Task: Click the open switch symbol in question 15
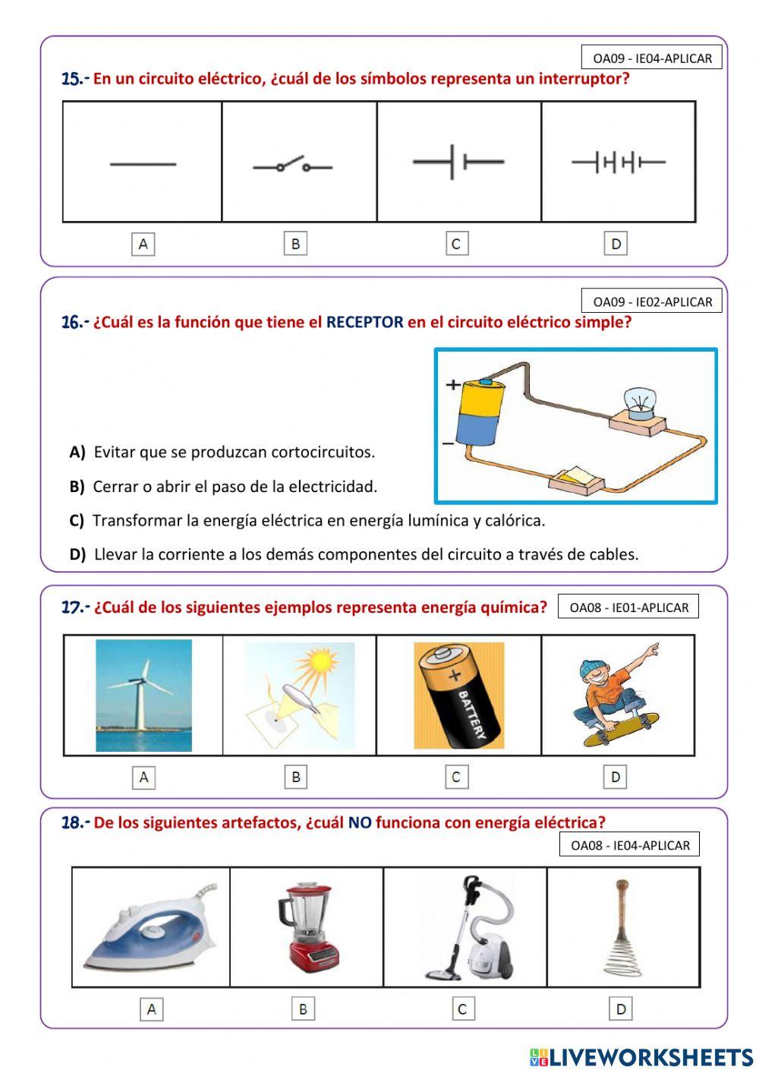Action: [293, 165]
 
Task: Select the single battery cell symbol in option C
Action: [458, 162]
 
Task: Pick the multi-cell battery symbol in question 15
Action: [618, 162]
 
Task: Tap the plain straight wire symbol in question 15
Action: [143, 164]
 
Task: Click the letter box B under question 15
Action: [295, 244]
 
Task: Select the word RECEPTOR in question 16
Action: [364, 322]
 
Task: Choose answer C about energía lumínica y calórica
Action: [318, 521]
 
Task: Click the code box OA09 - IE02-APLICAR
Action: [652, 301]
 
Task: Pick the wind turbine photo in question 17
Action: [143, 695]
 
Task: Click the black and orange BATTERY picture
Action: [458, 696]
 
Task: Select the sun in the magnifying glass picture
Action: [322, 660]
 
